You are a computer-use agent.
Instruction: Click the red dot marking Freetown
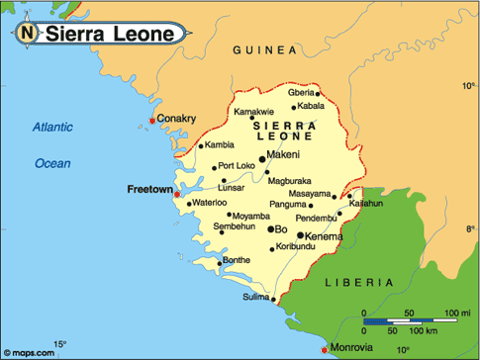pyautogui.click(x=177, y=194)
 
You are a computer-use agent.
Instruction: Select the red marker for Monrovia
pyautogui.click(x=326, y=349)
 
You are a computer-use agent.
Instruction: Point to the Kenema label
pyautogui.click(x=325, y=236)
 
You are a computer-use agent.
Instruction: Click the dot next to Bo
pyautogui.click(x=271, y=228)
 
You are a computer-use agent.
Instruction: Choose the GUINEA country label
pyautogui.click(x=264, y=49)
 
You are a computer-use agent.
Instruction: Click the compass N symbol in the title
pyautogui.click(x=26, y=35)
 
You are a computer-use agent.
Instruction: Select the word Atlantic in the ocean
pyautogui.click(x=52, y=127)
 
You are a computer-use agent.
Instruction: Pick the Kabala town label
pyautogui.click(x=311, y=105)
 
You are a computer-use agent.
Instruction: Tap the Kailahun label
pyautogui.click(x=365, y=203)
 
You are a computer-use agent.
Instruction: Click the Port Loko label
pyautogui.click(x=238, y=165)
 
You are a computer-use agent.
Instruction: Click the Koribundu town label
pyautogui.click(x=297, y=245)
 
